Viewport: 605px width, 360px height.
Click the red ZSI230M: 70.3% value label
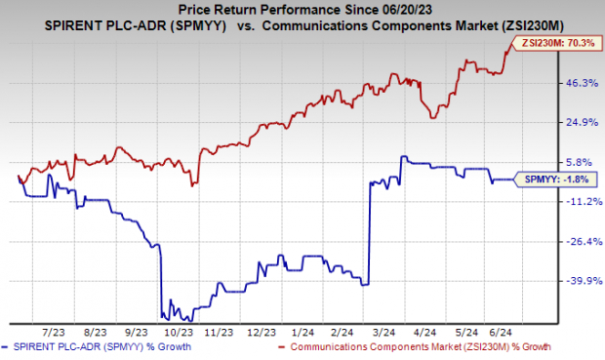pyautogui.click(x=561, y=43)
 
